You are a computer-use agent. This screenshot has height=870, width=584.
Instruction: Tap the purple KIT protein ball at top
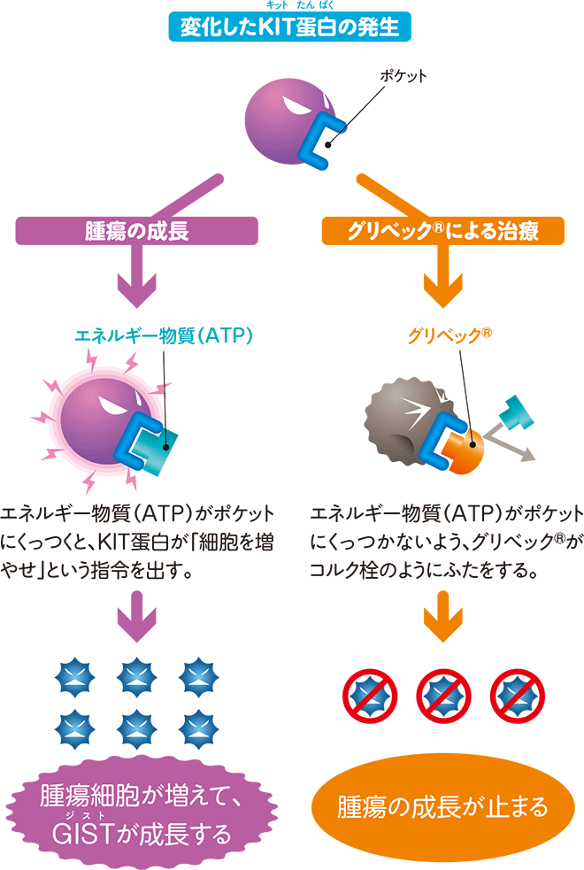click(x=281, y=123)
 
